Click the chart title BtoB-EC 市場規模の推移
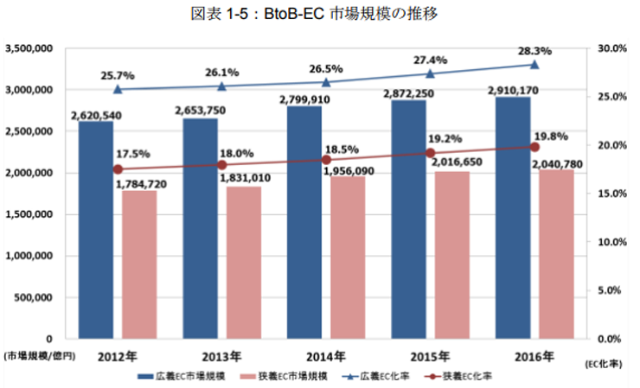point(320,16)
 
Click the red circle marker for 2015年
point(431,153)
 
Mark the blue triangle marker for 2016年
point(535,65)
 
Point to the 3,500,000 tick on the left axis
point(33,48)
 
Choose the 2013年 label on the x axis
point(221,356)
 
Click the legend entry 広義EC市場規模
point(184,377)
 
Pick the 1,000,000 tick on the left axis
point(33,256)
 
